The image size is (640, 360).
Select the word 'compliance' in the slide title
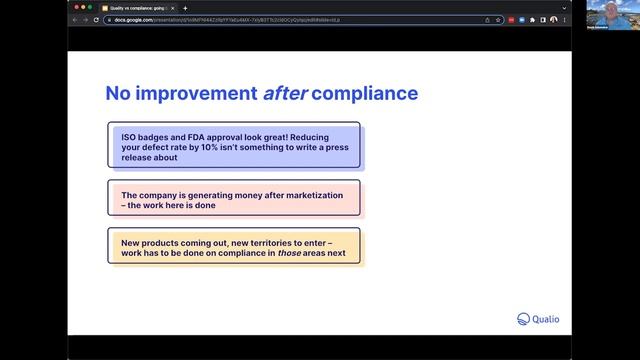(x=371, y=95)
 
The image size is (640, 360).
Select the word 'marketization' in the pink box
(x=310, y=195)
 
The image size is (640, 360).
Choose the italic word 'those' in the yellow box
(x=291, y=252)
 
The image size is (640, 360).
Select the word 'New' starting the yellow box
(x=130, y=240)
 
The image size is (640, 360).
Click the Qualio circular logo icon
(x=523, y=320)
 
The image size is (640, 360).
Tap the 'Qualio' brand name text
(x=546, y=320)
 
